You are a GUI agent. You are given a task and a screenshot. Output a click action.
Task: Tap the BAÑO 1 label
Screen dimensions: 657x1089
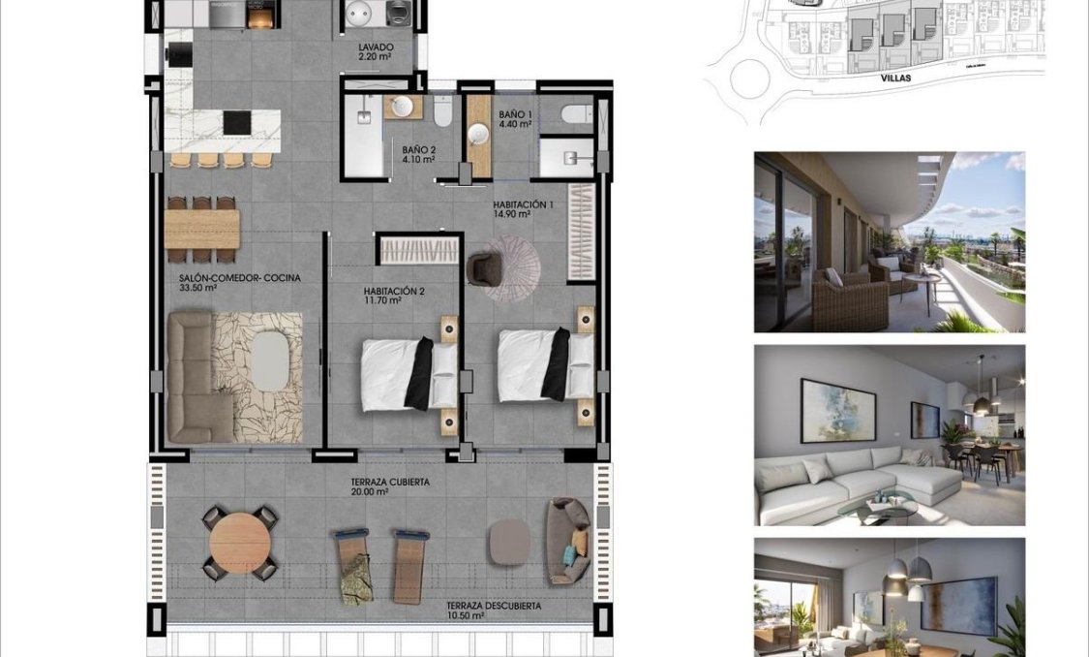pyautogui.click(x=515, y=119)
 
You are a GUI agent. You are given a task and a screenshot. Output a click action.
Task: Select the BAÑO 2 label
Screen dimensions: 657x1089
pyautogui.click(x=419, y=154)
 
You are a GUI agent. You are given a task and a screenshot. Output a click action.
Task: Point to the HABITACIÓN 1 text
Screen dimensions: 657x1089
pyautogui.click(x=523, y=209)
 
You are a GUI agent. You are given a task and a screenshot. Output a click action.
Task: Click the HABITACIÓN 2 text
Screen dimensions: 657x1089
pyautogui.click(x=394, y=296)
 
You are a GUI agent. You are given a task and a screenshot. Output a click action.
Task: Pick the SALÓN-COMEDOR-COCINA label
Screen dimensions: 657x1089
pyautogui.click(x=239, y=282)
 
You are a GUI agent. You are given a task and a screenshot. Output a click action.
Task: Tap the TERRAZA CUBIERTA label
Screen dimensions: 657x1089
pyautogui.click(x=389, y=486)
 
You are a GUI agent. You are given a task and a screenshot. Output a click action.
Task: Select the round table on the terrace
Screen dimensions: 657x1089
pyautogui.click(x=239, y=544)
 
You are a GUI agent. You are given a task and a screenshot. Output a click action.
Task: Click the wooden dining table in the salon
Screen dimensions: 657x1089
pyautogui.click(x=201, y=229)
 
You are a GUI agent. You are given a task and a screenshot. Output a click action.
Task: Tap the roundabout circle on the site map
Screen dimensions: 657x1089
pyautogui.click(x=750, y=79)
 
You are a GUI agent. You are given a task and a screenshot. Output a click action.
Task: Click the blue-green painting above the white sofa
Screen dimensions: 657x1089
pyautogui.click(x=837, y=410)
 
